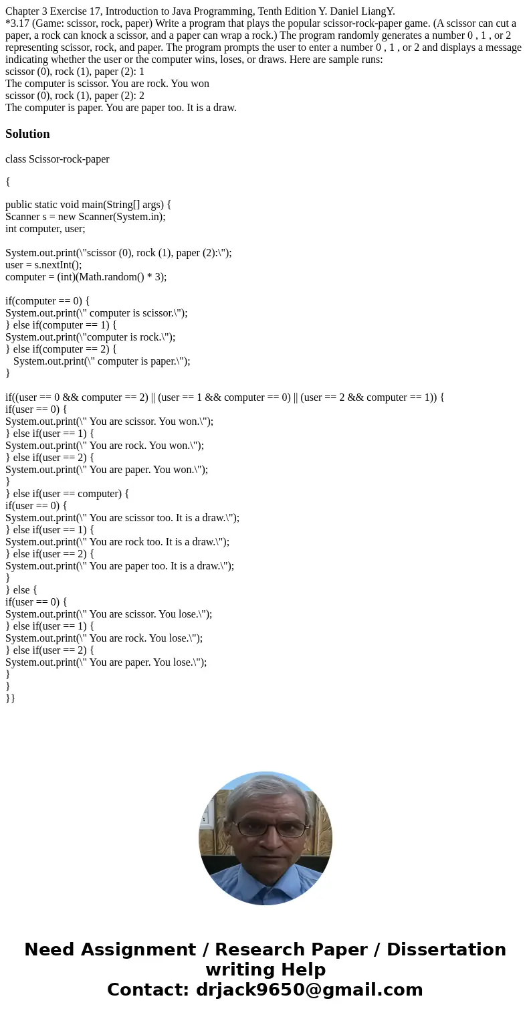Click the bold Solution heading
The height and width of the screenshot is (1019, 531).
pos(27,134)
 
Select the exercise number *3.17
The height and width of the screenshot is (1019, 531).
pos(17,23)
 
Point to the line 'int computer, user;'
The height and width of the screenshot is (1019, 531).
pos(45,229)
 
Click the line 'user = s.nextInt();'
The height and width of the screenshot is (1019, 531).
pos(43,265)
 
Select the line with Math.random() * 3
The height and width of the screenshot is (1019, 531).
pos(86,277)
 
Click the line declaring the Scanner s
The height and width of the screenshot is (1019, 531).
pos(85,217)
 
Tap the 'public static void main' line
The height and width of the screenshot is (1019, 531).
pos(88,205)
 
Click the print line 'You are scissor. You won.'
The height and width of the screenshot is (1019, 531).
pos(109,422)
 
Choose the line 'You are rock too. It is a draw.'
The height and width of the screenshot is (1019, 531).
pos(117,542)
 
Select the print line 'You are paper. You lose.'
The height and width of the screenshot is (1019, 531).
pos(106,662)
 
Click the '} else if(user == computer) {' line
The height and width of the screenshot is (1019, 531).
pos(67,494)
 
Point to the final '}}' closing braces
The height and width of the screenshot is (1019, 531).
pos(10,699)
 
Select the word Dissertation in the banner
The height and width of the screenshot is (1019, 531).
pos(446,949)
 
